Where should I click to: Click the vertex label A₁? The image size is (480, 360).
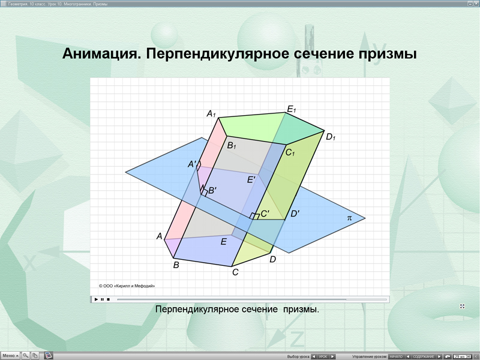211,114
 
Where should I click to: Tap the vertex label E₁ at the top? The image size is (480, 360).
292,109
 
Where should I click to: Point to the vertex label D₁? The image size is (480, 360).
330,137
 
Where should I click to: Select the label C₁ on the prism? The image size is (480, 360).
290,153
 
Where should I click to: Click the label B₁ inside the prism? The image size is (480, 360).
232,145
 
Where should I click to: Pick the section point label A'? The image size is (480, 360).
193,164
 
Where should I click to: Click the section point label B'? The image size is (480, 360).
212,191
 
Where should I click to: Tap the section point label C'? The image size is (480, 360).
265,214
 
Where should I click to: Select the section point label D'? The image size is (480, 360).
295,214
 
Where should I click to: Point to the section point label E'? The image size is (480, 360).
251,179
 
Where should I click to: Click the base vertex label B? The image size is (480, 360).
176,264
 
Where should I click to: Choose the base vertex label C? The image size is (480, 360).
235,272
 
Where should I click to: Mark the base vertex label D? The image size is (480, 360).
272,259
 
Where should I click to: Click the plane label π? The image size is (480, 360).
350,218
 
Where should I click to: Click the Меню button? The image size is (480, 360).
10,355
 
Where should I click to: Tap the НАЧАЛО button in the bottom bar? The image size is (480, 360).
396,356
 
